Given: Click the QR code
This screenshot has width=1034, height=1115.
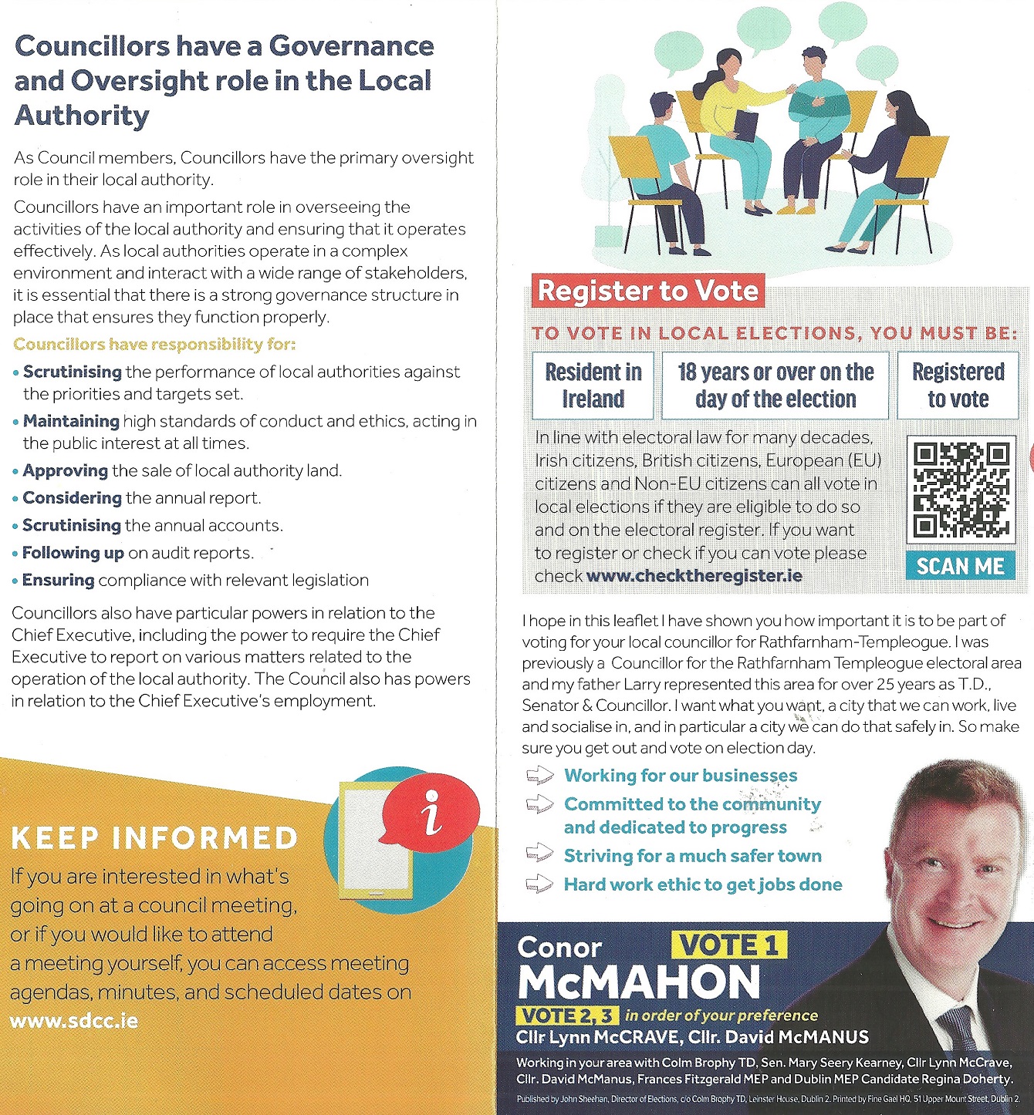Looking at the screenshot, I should tap(961, 490).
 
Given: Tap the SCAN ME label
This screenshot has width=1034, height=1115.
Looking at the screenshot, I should tap(960, 566).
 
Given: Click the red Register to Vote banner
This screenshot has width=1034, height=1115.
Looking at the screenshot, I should tap(647, 291).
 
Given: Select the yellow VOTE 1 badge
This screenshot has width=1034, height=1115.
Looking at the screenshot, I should tap(728, 945).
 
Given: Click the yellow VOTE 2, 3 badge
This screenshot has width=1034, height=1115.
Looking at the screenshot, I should tap(566, 1015).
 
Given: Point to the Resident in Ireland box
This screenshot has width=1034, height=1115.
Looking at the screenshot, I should tap(593, 386).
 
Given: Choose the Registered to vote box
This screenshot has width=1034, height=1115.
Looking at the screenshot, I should tap(958, 386).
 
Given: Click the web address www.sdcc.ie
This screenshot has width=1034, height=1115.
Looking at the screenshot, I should tap(74, 1021).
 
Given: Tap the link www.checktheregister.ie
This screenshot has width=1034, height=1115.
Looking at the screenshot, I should tap(694, 576).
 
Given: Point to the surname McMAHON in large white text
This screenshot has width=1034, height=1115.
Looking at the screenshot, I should tap(639, 982).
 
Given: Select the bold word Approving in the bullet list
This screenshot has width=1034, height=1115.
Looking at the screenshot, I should tap(66, 470).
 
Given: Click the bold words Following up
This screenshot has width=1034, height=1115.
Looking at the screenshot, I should tap(73, 553).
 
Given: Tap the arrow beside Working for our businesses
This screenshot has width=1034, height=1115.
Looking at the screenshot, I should tap(539, 775).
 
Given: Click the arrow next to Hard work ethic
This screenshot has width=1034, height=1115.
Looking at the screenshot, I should tap(539, 884).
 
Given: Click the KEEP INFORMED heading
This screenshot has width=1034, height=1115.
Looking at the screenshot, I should tap(154, 838).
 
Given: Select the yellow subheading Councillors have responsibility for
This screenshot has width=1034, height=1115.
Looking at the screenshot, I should tap(154, 344).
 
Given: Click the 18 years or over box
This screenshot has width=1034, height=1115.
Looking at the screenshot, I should tap(775, 386).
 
